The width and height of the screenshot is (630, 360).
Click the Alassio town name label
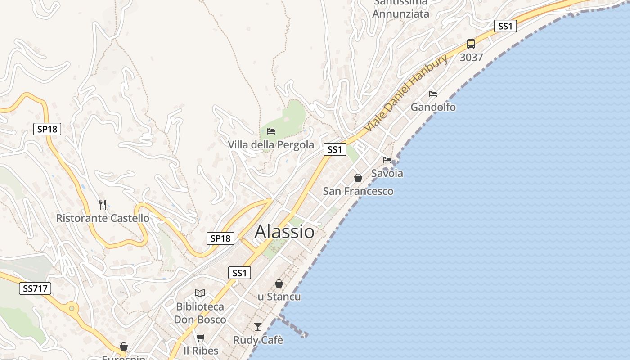[284, 232]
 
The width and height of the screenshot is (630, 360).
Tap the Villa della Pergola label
[271, 145]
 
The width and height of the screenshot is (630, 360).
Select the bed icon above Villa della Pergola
[271, 131]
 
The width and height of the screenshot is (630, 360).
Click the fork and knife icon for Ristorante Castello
[103, 205]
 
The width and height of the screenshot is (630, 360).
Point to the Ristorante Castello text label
[103, 218]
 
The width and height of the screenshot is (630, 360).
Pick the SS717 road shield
[35, 288]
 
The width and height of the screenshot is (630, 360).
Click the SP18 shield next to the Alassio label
[220, 238]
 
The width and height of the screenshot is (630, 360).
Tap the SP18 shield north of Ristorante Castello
[47, 129]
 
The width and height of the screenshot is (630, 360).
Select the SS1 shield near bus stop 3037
[505, 26]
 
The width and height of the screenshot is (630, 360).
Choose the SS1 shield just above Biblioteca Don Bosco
[239, 273]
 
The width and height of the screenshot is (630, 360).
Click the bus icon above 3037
[471, 44]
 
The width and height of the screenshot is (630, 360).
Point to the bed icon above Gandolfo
[433, 94]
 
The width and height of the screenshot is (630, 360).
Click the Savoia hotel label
[387, 173]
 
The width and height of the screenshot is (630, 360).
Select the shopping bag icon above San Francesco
[358, 178]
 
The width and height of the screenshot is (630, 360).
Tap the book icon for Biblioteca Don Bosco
[200, 293]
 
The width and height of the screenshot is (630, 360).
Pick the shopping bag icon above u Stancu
[279, 283]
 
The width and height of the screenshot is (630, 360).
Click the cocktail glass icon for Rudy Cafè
[258, 326]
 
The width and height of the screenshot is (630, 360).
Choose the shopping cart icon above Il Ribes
[201, 337]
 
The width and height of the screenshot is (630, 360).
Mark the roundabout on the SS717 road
[72, 309]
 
